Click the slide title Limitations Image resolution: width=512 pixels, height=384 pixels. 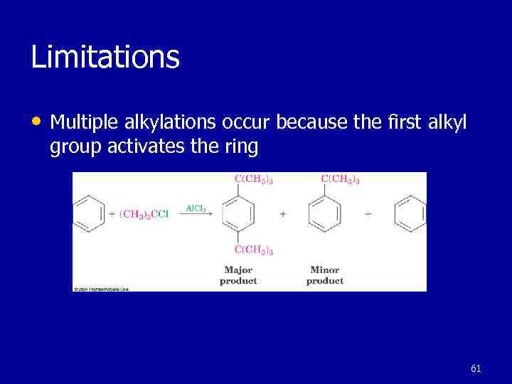[x=105, y=57]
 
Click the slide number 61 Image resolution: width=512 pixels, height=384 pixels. [x=476, y=368]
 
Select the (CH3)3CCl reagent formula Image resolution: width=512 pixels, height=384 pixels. [x=144, y=214]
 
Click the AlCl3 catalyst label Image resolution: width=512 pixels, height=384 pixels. [x=196, y=208]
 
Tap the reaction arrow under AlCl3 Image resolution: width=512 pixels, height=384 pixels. [x=196, y=216]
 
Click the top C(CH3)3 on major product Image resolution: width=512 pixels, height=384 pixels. [x=254, y=179]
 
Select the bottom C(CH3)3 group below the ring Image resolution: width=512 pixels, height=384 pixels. [x=254, y=250]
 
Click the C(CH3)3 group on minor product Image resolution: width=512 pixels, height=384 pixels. [x=341, y=179]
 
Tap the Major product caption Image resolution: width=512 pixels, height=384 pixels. [x=238, y=275]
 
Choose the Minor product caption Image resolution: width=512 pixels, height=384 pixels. [x=325, y=275]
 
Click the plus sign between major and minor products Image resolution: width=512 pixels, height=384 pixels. [x=282, y=214]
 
